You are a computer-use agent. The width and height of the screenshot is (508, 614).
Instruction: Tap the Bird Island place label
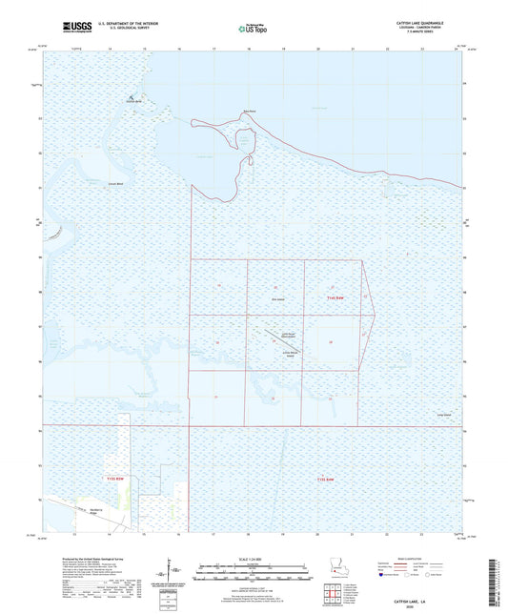coord(278,297)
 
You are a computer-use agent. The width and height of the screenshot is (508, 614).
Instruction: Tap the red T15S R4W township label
coord(326,479)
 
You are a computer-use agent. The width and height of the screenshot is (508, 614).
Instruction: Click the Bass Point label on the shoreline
coord(250,112)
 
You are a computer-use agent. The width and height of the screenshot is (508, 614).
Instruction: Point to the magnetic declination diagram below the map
coord(169,575)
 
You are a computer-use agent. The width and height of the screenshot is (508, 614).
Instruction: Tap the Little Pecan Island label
coord(287,354)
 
